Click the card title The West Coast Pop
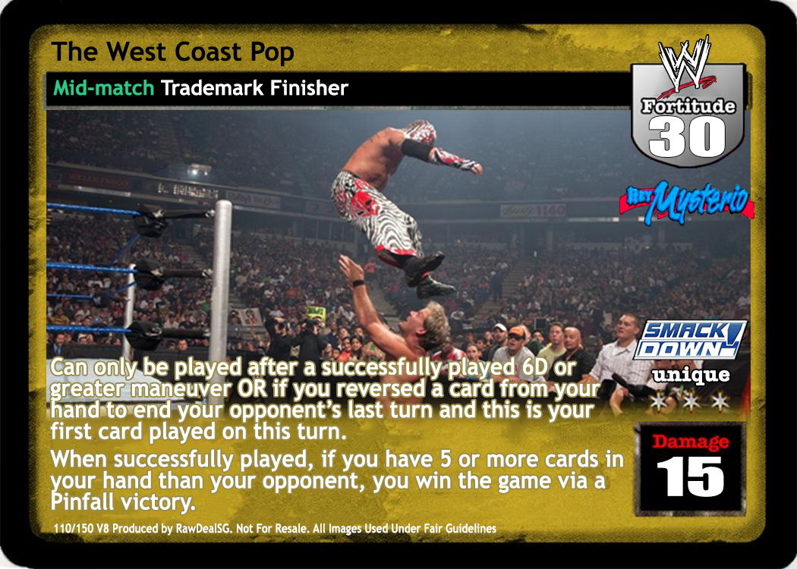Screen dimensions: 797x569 pos(173,53)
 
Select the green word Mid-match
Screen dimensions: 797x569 pos(104,88)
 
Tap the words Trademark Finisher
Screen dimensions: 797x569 pos(254,88)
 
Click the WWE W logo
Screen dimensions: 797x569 pos(685,64)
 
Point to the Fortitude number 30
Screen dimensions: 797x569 pos(687,136)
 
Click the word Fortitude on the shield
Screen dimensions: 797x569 pos(688,105)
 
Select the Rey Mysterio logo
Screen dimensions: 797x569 pos(685,203)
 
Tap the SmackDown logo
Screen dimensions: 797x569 pos(690,339)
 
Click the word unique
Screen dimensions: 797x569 pos(691,376)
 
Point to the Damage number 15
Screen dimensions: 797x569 pos(690,476)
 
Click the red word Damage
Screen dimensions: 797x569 pos(690,441)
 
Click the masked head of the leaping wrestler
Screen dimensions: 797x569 pos(419,132)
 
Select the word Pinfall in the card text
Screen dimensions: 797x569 pos(82,502)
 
